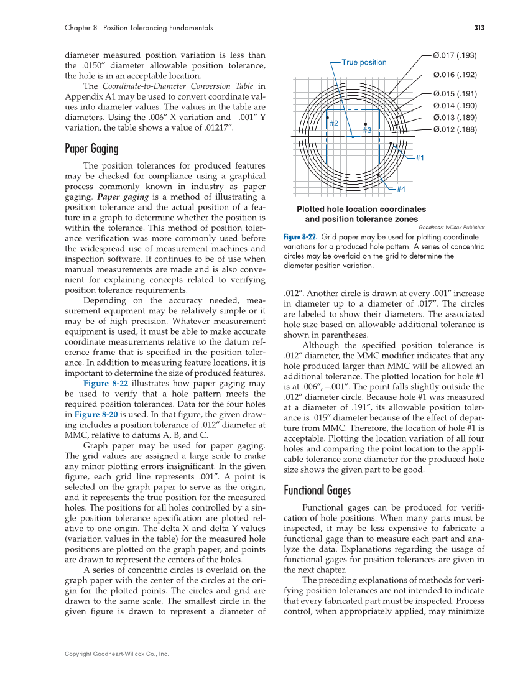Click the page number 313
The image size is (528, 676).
[x=478, y=28]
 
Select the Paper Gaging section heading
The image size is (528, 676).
[x=91, y=149]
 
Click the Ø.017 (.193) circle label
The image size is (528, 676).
[x=455, y=55]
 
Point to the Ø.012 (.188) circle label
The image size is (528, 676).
[x=455, y=129]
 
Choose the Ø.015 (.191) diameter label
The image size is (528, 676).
[x=455, y=94]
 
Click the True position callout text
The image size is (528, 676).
[x=364, y=62]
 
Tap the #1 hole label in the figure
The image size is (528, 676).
[x=420, y=159]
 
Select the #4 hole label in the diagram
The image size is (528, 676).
[x=401, y=188]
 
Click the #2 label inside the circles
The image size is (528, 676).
[x=333, y=123]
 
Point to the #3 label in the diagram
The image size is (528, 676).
[x=367, y=131]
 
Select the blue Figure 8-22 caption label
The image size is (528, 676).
[x=300, y=237]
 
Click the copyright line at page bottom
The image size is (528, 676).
[x=117, y=654]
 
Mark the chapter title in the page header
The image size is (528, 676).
[x=139, y=28]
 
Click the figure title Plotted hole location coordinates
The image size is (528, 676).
[x=361, y=210]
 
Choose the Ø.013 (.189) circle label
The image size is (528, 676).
[x=455, y=118]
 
